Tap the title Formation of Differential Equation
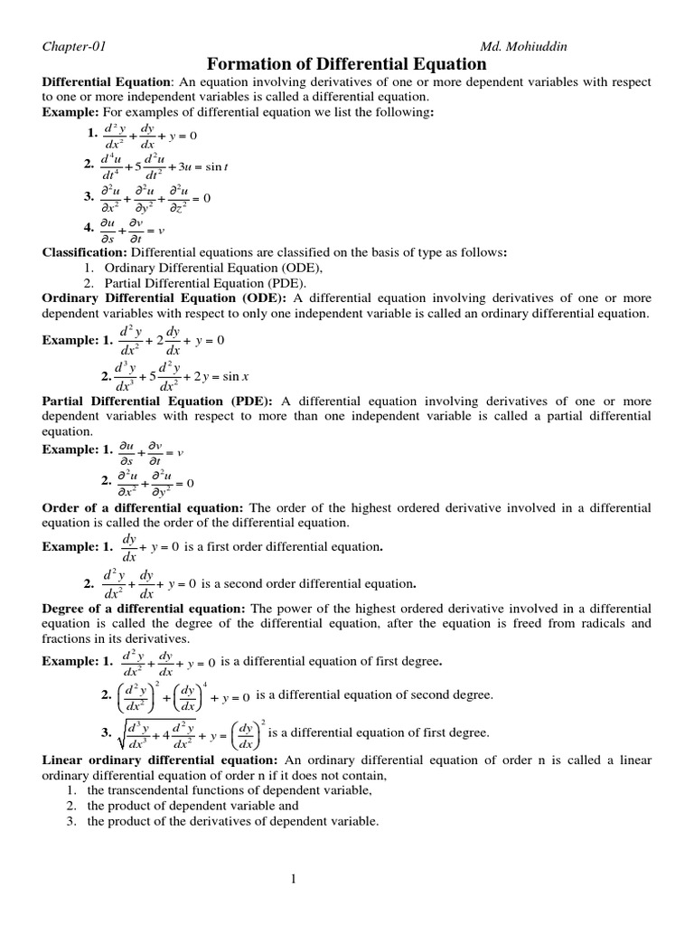348,64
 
